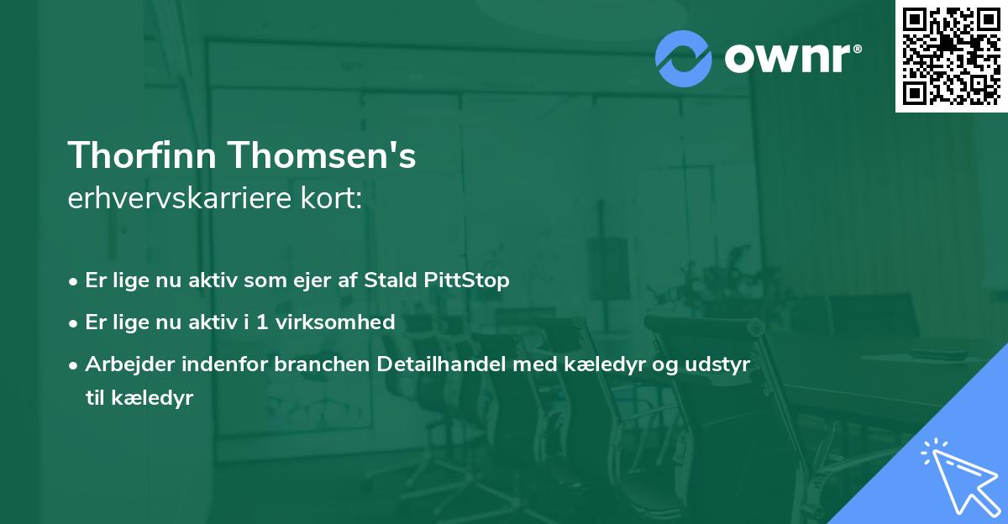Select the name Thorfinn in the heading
(x=142, y=156)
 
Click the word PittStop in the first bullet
(x=471, y=280)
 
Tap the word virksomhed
(x=344, y=322)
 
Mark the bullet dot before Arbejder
(x=74, y=365)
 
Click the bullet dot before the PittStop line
(x=74, y=281)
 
